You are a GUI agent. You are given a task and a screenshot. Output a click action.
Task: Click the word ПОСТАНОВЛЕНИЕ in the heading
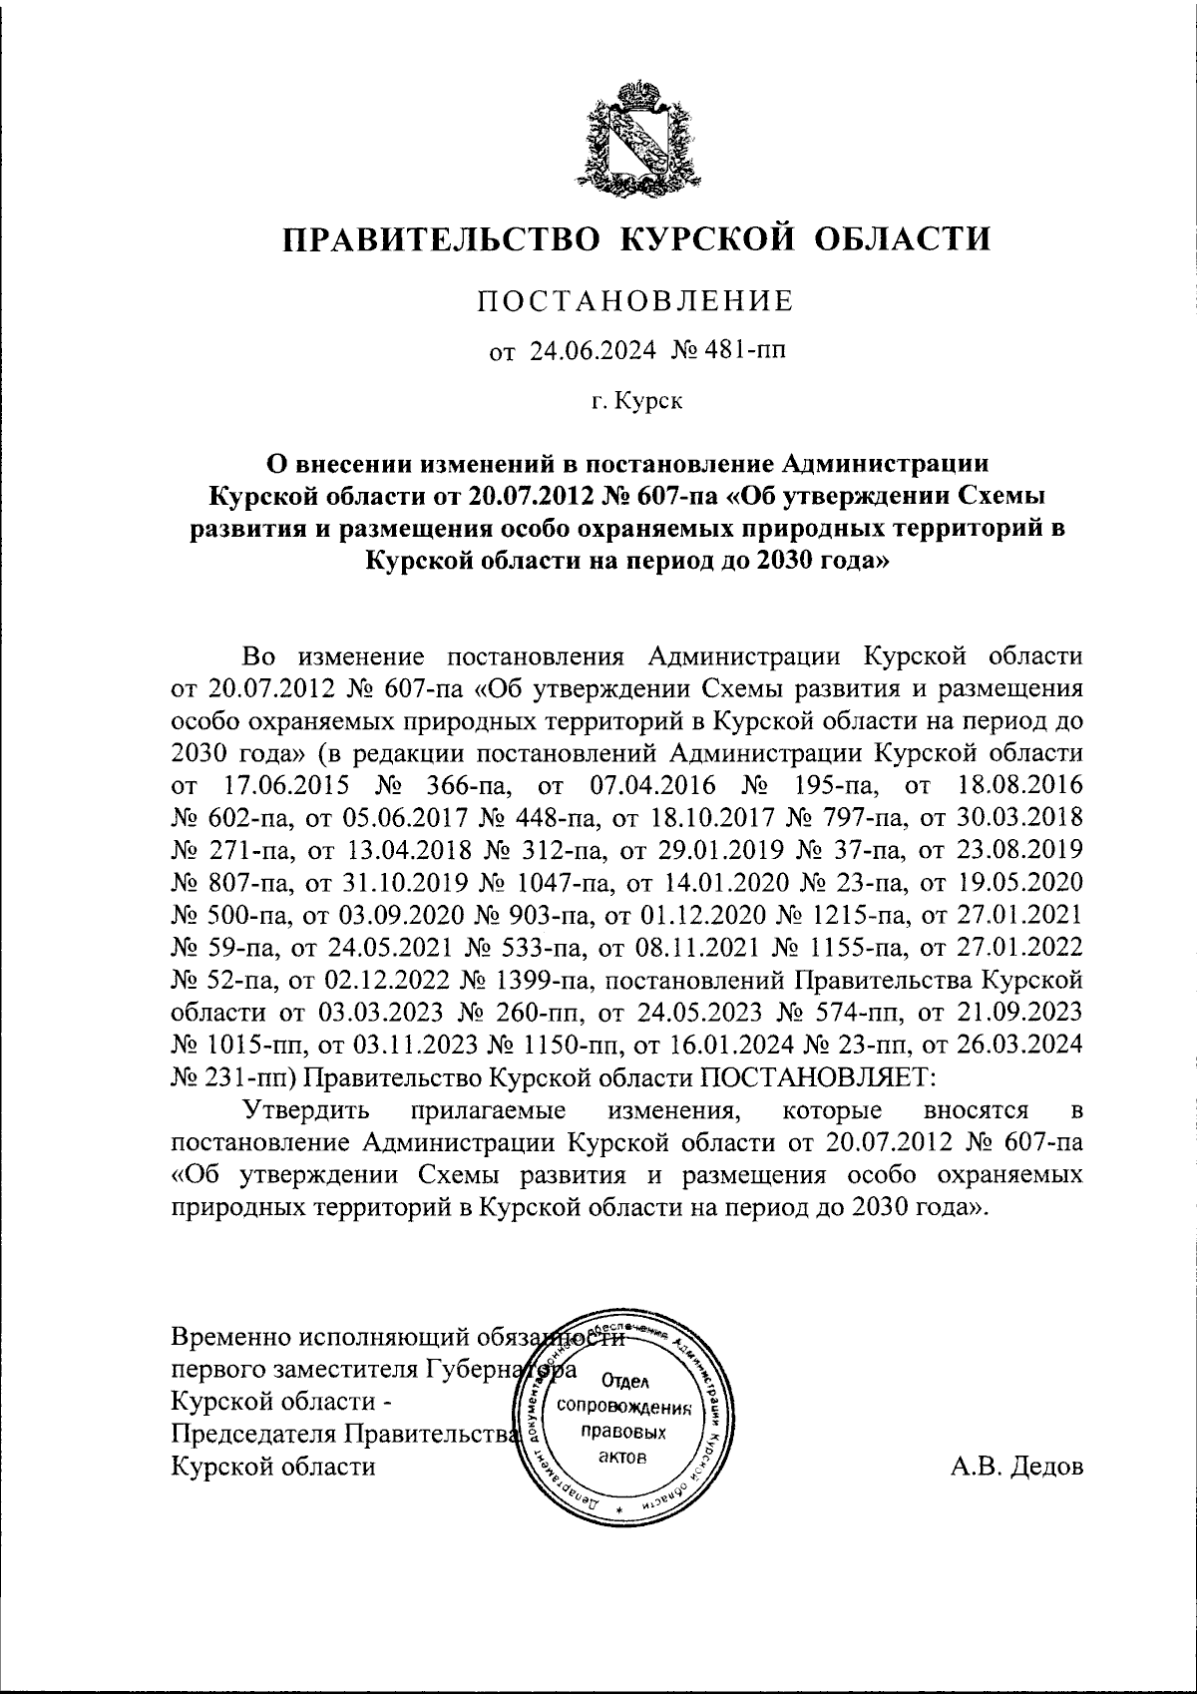click(635, 301)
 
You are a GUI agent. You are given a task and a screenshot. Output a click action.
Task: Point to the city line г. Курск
click(636, 403)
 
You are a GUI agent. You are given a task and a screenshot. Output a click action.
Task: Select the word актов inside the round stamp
click(624, 1458)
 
